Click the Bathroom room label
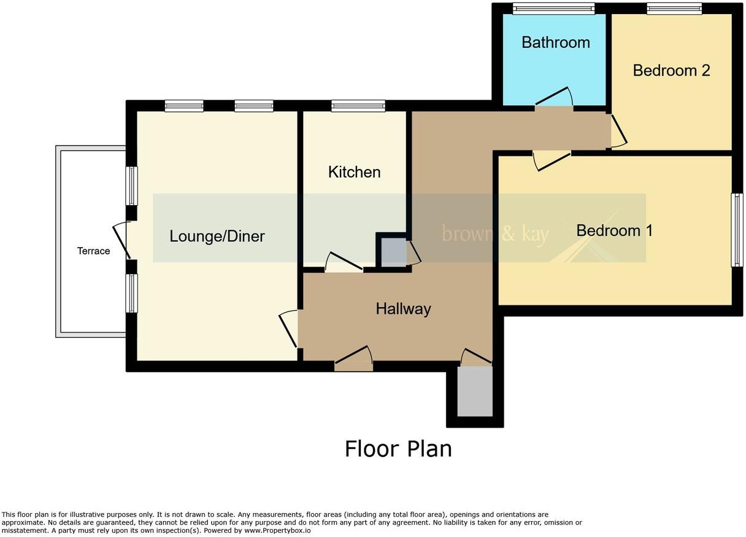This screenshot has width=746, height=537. (555, 42)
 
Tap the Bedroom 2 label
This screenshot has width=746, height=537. (671, 71)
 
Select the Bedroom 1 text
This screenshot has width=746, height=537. (614, 230)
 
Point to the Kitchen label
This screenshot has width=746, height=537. (354, 172)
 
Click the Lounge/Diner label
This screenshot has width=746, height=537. (217, 236)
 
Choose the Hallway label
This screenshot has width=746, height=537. (403, 308)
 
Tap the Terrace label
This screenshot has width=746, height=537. (93, 251)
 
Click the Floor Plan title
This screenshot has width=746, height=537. (398, 449)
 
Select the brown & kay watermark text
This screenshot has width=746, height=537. (495, 233)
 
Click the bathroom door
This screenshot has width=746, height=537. (554, 98)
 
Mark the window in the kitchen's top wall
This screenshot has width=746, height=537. (358, 106)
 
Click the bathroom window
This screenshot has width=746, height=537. (554, 8)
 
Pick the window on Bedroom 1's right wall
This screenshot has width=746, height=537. (737, 230)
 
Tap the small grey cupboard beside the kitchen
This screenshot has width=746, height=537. (393, 252)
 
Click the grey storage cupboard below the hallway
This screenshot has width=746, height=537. (475, 391)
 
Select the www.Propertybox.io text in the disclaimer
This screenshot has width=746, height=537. (277, 530)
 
